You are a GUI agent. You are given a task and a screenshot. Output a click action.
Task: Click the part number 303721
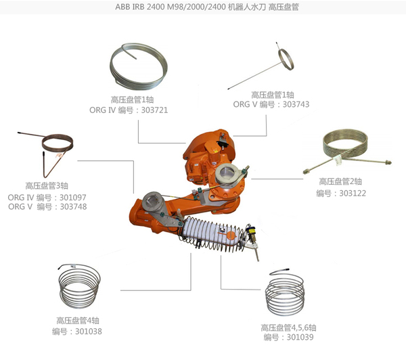(x=154, y=110)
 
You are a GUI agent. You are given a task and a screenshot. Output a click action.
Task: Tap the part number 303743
(x=296, y=104)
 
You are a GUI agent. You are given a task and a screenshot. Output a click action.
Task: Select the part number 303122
(x=353, y=194)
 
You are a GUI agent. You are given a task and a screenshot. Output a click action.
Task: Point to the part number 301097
(x=73, y=198)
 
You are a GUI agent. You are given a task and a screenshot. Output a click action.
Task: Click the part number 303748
(x=73, y=206)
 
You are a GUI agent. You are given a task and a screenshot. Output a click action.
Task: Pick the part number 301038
(x=89, y=332)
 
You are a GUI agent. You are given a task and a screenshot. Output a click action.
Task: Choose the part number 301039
(x=300, y=337)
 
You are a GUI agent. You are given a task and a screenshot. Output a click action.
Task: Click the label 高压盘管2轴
(x=340, y=181)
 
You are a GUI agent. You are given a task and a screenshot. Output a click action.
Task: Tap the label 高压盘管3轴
(x=47, y=185)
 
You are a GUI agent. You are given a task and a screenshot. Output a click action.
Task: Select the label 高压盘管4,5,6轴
(x=288, y=328)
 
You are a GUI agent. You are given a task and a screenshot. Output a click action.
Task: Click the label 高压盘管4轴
(x=78, y=320)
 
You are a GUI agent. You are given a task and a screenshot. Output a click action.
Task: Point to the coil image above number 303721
(x=139, y=65)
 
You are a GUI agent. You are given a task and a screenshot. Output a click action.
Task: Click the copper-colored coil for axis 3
(x=45, y=154)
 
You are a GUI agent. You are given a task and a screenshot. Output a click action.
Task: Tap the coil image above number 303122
(x=347, y=152)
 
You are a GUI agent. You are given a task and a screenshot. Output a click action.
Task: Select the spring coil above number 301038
(x=79, y=286)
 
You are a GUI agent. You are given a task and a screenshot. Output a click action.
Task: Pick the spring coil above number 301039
(x=285, y=292)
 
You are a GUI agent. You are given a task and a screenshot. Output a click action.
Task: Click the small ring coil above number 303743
(x=286, y=60)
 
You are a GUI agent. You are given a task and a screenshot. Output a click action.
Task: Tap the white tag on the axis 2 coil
(x=338, y=160)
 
